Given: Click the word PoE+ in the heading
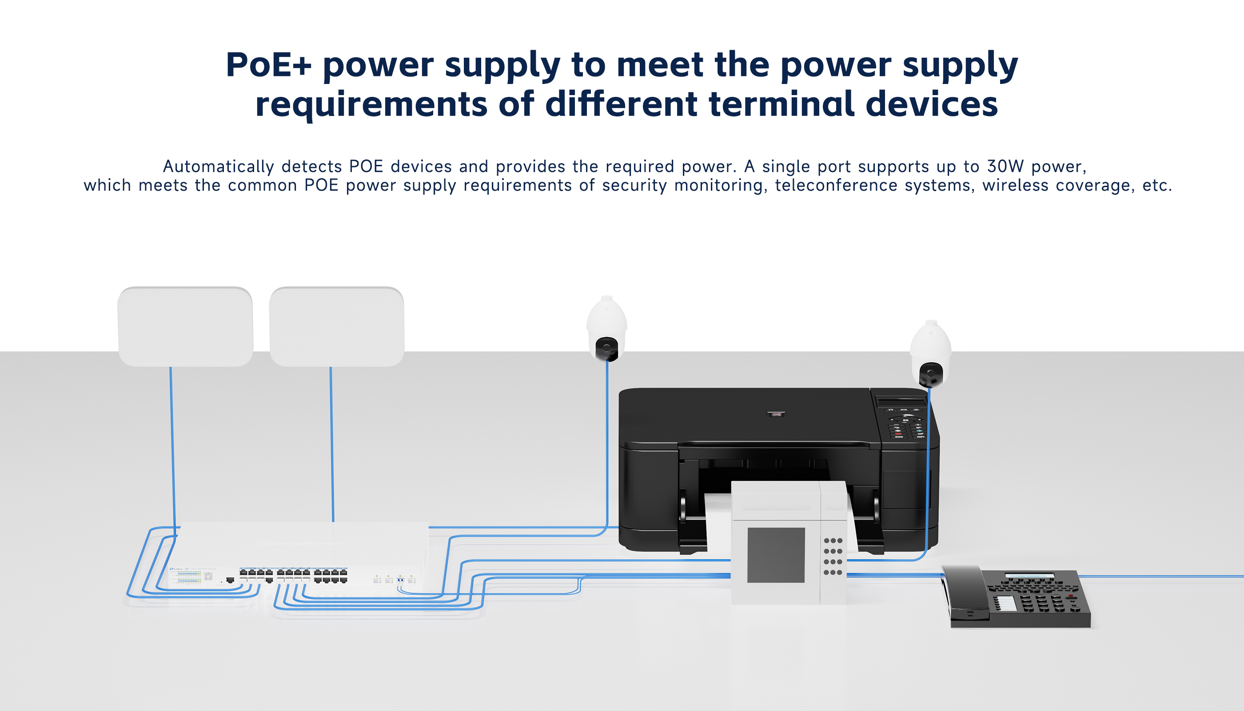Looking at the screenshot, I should [x=268, y=65].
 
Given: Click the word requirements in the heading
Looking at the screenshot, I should [x=371, y=104].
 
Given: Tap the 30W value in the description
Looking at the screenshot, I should [x=1005, y=167].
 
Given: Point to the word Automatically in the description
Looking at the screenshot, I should [x=218, y=167].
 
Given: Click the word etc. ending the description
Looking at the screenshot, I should [x=1157, y=186].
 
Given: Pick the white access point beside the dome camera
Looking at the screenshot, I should [x=336, y=326].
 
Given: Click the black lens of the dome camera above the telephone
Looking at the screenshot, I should [x=931, y=374].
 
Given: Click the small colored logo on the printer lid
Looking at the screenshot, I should [x=776, y=414].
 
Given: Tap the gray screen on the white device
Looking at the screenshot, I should [x=776, y=555].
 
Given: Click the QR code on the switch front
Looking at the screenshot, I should [x=208, y=577].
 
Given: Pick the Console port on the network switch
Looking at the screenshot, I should [x=230, y=580].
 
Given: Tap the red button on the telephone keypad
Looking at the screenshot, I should [x=1071, y=596].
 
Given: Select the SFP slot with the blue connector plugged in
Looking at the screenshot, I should [x=400, y=579].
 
